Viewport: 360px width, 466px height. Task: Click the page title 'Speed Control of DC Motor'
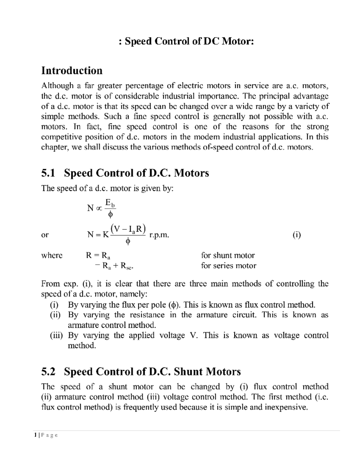coord(186,41)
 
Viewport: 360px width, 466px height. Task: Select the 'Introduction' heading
coord(72,71)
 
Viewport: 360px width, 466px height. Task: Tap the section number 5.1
coord(48,173)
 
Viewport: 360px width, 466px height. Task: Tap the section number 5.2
coord(48,372)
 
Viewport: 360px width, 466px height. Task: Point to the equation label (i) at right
coord(296,235)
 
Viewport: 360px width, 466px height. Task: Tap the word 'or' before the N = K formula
coord(45,235)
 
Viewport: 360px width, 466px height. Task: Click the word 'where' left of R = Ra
coord(52,255)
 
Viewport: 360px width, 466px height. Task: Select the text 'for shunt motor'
coord(228,255)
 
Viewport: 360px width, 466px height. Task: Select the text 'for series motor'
coord(228,266)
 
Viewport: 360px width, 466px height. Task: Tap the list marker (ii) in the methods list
coord(55,315)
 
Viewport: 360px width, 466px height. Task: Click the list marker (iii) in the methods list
coord(56,335)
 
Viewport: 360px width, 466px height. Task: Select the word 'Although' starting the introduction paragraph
coord(57,86)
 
